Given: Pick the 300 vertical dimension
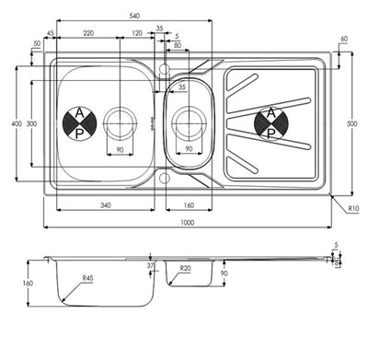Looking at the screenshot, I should (x=31, y=123).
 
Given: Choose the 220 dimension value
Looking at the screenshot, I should (x=87, y=32).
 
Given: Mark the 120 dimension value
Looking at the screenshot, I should (x=136, y=32).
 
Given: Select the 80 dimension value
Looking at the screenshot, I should (x=176, y=43).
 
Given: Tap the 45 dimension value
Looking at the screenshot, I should (x=50, y=32).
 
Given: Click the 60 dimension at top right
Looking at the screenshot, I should (x=343, y=39).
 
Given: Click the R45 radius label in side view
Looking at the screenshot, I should (x=87, y=279).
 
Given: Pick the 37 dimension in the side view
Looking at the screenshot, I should (x=152, y=267).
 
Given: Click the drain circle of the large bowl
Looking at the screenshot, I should (x=120, y=121).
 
